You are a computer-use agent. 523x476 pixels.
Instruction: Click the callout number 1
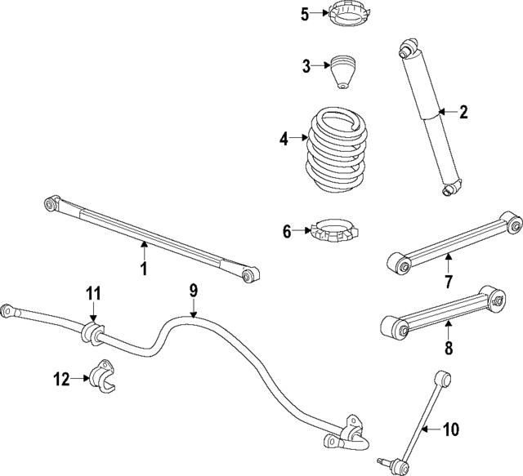tap(144, 269)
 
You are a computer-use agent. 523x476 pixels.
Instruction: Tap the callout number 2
tap(463, 113)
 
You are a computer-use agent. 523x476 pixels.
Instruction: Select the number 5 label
tap(305, 15)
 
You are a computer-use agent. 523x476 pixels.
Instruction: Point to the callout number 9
tap(194, 291)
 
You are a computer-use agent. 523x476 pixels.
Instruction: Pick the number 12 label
tap(62, 380)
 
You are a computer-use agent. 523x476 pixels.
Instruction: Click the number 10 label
tap(450, 429)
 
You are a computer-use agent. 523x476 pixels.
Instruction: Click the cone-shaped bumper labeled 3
tap(343, 73)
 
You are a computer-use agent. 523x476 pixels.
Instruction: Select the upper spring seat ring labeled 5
tap(350, 15)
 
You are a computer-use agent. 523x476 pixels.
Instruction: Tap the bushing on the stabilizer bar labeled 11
tap(92, 332)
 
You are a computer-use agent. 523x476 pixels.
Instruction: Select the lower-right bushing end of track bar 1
tap(249, 274)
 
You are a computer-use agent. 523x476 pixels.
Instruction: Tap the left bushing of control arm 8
tap(394, 327)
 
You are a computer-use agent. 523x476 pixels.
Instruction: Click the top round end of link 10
tap(443, 378)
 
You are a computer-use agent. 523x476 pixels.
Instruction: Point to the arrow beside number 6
tap(302, 230)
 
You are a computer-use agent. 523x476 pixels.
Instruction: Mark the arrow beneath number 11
tap(93, 313)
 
